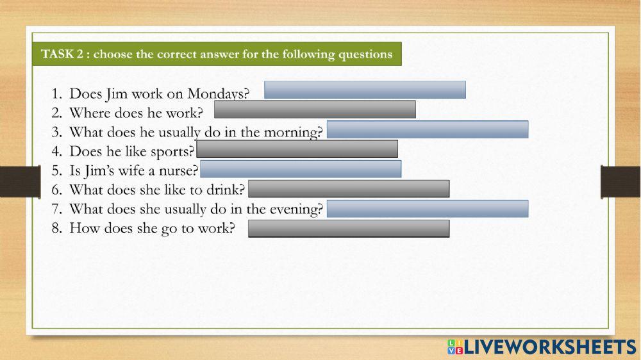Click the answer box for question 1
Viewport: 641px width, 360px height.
[x=365, y=90]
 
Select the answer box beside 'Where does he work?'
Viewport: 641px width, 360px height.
[x=315, y=110]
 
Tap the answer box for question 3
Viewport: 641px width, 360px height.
[x=428, y=129]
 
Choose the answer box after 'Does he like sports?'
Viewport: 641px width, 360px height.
[x=297, y=149]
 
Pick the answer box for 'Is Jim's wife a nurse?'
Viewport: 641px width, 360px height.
[x=301, y=169]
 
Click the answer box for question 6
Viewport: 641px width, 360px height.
[x=349, y=189]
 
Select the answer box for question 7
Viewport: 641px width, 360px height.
[x=428, y=209]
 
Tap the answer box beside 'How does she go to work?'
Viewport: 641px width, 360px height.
[x=349, y=229]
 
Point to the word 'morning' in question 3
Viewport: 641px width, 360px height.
[x=293, y=133]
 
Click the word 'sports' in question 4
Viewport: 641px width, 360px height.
[x=173, y=152]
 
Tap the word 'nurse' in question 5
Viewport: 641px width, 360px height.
[x=180, y=172]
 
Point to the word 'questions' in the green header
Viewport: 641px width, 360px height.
[x=365, y=54]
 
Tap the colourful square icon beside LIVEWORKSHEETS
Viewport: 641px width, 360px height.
[x=454, y=347]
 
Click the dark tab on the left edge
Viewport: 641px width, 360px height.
[x=12, y=181]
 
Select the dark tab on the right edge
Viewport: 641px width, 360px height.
[x=620, y=181]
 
